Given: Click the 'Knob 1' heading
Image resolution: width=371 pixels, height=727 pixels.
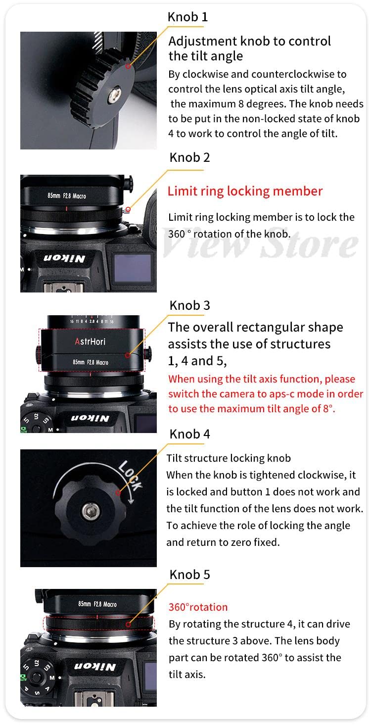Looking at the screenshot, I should (x=187, y=17).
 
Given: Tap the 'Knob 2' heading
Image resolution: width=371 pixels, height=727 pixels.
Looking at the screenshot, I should (x=189, y=157).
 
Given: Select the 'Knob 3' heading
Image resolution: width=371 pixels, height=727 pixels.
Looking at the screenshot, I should (x=189, y=305).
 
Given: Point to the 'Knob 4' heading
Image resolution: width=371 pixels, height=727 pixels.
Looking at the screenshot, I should (x=189, y=434).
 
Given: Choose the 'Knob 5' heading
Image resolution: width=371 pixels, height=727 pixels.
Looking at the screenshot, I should (x=189, y=575).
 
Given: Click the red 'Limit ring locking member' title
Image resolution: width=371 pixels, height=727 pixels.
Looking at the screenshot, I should (x=245, y=191).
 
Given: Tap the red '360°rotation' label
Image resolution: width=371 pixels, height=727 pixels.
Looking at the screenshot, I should (x=198, y=607).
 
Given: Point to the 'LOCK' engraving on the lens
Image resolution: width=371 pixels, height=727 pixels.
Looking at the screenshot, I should (x=130, y=475).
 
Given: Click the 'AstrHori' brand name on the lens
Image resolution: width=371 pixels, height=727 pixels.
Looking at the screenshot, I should (x=90, y=341).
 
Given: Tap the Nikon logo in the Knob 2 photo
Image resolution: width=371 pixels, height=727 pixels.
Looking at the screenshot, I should (x=65, y=258).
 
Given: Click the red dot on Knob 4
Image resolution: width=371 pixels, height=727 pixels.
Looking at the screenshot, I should (x=118, y=492).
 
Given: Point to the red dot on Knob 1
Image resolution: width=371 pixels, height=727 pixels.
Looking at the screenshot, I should (x=128, y=65).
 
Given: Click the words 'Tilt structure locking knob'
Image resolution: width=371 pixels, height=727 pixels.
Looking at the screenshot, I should (x=229, y=458).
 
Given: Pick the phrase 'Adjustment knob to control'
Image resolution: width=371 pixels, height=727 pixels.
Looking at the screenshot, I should (x=249, y=41).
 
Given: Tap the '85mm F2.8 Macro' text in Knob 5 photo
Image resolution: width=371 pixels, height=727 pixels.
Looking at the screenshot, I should (x=97, y=604).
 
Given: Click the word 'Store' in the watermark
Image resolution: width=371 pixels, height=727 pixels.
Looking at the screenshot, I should (x=309, y=244).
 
